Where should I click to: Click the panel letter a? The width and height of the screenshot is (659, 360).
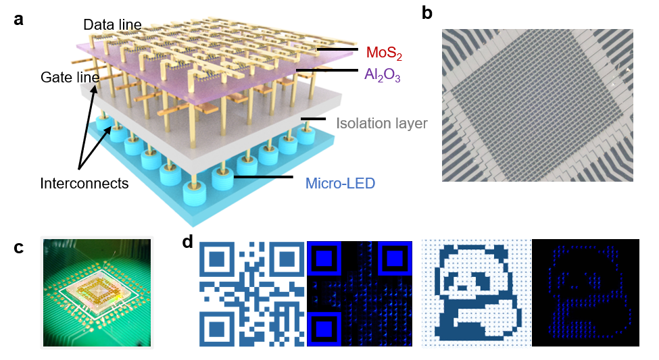(x=18, y=19)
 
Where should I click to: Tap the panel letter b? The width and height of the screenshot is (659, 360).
(x=427, y=14)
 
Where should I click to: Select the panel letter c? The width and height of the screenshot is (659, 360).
(x=18, y=247)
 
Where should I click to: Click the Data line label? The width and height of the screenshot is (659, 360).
(x=112, y=25)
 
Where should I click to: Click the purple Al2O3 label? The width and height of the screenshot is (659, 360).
(x=382, y=75)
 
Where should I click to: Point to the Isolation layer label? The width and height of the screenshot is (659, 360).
(x=381, y=124)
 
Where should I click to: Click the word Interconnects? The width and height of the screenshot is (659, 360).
(x=84, y=183)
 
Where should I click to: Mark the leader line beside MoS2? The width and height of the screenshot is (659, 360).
(x=337, y=49)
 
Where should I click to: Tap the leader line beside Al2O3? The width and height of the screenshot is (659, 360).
(x=326, y=70)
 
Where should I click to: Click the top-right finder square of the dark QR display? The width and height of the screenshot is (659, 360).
(x=394, y=258)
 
